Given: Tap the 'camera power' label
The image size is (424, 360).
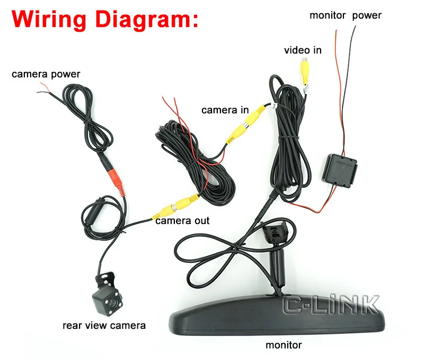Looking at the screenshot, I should click(46, 74).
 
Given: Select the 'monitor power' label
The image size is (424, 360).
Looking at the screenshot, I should click(346, 15).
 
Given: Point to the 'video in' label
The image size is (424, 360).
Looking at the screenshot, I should click(303, 50).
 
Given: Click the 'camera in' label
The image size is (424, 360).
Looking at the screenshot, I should click(225, 110).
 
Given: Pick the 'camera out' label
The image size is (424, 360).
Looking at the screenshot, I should click(182, 220).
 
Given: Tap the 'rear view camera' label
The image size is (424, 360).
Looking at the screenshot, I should click(104, 325).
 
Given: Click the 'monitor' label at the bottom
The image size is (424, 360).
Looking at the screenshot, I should click(284, 345).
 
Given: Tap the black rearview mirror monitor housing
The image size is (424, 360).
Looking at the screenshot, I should click(270, 318).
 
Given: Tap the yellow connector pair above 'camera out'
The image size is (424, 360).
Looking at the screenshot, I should click(175, 207).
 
